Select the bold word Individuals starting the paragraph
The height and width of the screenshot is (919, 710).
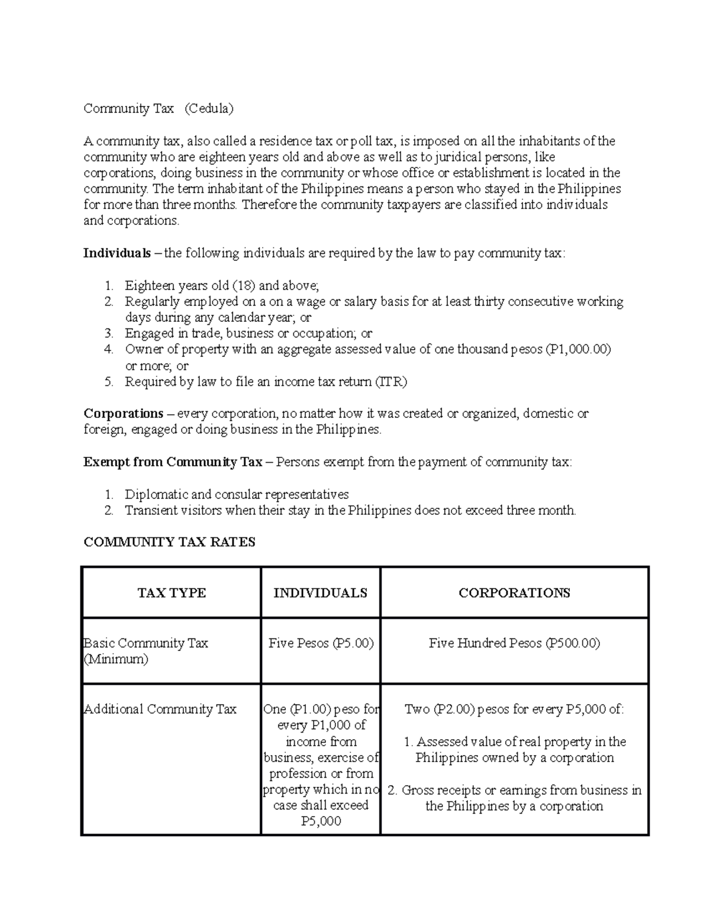[x=117, y=253]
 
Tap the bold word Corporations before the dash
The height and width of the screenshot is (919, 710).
[x=123, y=413]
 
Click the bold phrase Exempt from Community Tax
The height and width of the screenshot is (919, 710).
[x=172, y=462]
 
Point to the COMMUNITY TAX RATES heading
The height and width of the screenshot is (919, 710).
[x=169, y=542]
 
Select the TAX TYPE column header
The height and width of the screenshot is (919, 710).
[x=171, y=593]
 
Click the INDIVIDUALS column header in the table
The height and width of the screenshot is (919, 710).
[x=320, y=593]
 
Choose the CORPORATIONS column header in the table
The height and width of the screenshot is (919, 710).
[x=514, y=593]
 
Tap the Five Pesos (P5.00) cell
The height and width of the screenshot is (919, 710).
[x=321, y=643]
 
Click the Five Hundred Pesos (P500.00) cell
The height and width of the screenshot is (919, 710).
[x=514, y=643]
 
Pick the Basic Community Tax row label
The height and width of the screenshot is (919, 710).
[x=146, y=643]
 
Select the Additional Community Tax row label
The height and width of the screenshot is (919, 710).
[x=160, y=709]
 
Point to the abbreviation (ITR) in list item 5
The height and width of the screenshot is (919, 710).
[x=391, y=382]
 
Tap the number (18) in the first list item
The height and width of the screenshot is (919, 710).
[x=244, y=285]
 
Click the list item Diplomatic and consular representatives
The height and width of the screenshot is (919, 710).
[x=237, y=494]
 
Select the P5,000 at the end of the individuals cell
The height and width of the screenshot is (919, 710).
[x=321, y=821]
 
